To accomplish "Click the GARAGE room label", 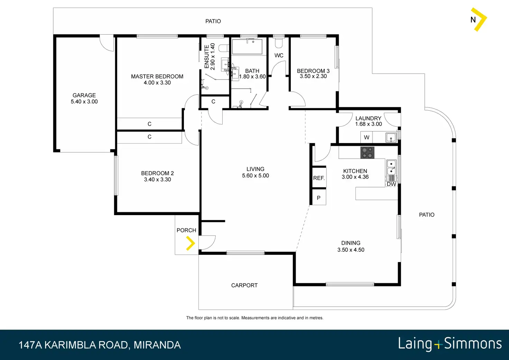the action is tap(84, 95).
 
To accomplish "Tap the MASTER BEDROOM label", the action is tap(157, 76).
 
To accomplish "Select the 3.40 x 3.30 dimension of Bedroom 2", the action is tap(157, 179).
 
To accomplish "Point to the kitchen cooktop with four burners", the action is tap(367, 153).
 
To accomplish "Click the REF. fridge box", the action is tap(319, 178).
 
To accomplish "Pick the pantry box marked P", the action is tap(319, 197).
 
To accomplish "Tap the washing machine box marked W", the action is tap(366, 137).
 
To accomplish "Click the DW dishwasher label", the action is tap(391, 184).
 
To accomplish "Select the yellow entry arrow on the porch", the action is tap(191, 243).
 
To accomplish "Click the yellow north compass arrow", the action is tap(480, 20).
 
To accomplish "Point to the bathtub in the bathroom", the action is tap(247, 47).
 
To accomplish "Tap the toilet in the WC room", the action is tap(279, 43).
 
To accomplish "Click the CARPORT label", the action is tap(244, 285).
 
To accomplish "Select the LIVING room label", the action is tap(256, 169).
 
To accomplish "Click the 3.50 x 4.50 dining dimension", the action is tap(351, 250).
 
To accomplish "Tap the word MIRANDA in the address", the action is tap(157, 345).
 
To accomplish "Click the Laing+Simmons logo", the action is tap(450, 344).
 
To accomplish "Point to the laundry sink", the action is tap(391, 138).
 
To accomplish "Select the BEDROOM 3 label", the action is tap(313, 71).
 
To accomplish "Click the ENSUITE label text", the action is tap(206, 57).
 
